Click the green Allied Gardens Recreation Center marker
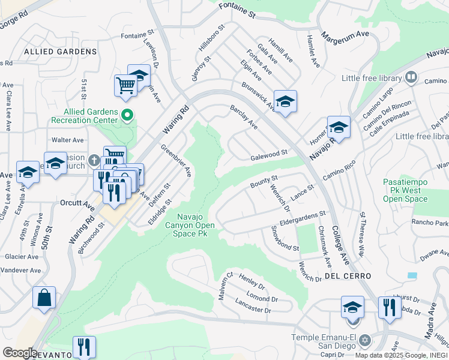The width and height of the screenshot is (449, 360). click(x=127, y=114)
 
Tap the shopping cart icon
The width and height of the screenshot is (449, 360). click(x=125, y=85)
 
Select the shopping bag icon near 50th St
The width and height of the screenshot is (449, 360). click(x=44, y=298)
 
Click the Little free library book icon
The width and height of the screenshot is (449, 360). click(x=411, y=77)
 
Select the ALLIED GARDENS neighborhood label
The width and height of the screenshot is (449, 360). click(x=52, y=52)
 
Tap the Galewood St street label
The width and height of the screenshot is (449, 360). click(x=269, y=156)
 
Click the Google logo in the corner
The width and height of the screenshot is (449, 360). click(x=20, y=353)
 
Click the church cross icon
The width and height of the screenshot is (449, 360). click(x=93, y=160)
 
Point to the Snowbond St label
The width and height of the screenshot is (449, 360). click(x=284, y=239)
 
